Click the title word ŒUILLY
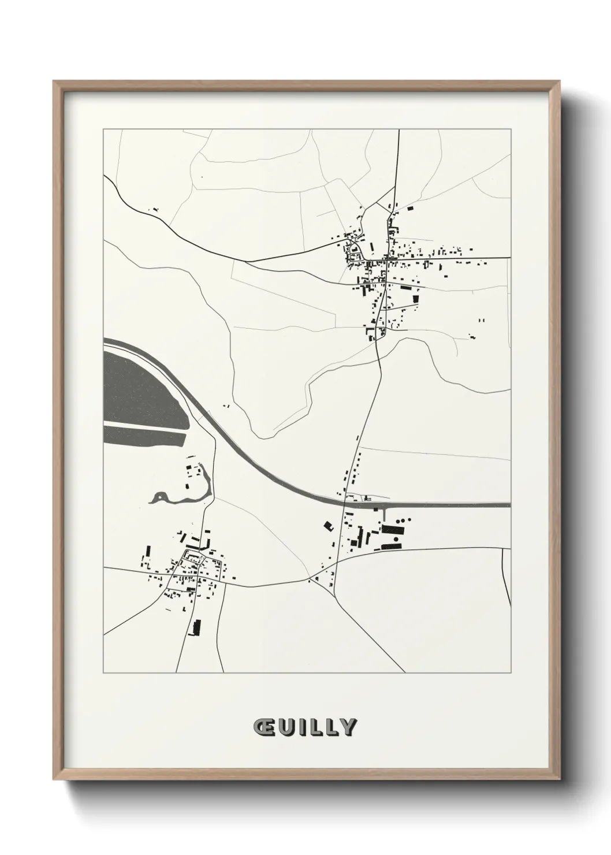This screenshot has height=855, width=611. pos(305,727)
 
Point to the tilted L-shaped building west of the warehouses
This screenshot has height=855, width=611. pos(328,525)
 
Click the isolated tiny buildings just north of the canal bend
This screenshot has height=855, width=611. pos(226,406)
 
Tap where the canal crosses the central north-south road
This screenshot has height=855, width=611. pos(348,501)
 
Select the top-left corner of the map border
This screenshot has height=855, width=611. pos(103,129)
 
